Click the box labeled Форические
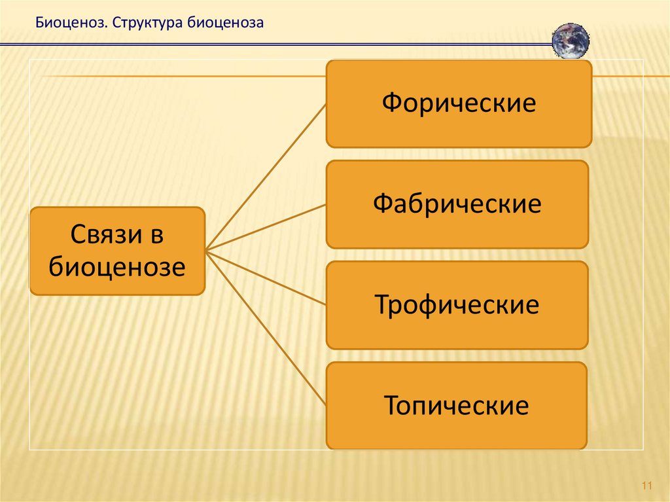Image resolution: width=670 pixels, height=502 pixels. [x=459, y=104]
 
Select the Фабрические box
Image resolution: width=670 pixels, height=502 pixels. [x=457, y=204]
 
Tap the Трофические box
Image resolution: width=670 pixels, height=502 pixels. [x=457, y=305]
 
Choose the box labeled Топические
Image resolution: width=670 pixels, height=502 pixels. [x=456, y=406]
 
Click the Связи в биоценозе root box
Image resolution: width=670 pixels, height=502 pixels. [x=118, y=251]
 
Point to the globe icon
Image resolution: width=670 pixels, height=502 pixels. [x=571, y=41]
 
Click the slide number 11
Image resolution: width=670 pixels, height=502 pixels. [x=647, y=486]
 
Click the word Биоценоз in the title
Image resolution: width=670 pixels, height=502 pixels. [x=71, y=22]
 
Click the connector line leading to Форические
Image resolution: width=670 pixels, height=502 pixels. [x=266, y=177]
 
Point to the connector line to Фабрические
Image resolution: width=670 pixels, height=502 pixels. [x=266, y=228]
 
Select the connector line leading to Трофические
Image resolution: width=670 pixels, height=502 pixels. [x=266, y=278]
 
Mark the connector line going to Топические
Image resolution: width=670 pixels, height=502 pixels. [x=266, y=329]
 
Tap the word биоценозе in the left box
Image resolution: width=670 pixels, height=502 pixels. [x=117, y=267]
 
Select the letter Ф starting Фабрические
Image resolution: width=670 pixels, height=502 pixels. [x=383, y=204]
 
